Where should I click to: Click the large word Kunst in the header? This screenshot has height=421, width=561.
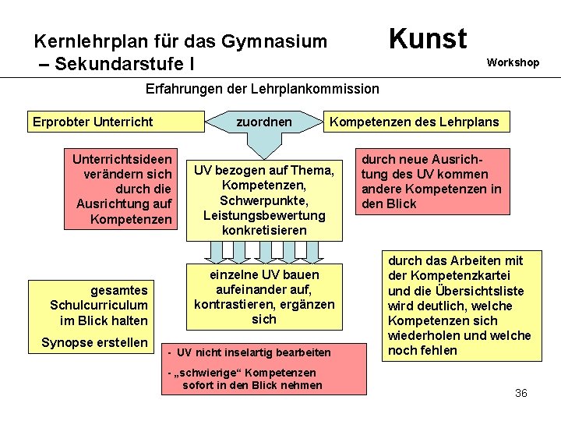427,38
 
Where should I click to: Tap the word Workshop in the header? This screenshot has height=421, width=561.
513,62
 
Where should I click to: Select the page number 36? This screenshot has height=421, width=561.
521,393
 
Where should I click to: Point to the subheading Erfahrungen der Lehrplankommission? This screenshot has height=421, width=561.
263,89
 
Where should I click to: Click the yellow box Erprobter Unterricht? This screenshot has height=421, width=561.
93,122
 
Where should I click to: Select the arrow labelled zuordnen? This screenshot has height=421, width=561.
264,123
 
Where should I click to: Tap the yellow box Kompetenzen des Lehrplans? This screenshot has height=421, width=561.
414,122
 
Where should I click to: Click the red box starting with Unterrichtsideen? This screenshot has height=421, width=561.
121,189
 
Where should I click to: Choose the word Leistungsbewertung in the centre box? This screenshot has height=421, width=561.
264,215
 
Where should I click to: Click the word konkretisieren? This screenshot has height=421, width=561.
264,230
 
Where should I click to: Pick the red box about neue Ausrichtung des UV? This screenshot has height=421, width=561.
432,182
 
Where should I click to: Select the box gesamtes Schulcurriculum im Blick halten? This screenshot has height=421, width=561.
99,305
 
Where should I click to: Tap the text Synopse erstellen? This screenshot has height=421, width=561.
94,342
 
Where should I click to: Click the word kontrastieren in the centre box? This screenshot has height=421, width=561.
235,304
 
